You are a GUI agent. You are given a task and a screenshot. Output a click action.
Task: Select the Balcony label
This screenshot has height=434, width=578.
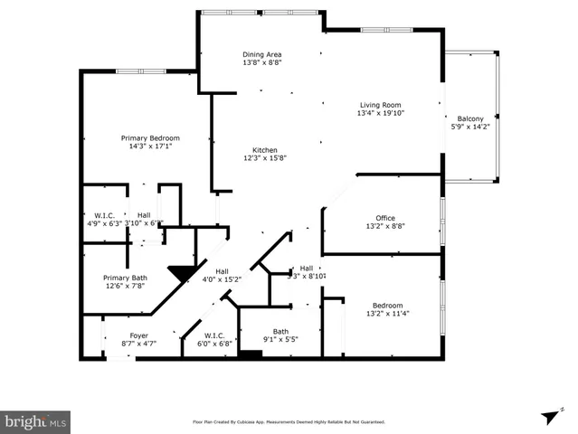pos(470,118)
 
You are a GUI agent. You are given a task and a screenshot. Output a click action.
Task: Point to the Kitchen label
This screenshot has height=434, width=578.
pos(265,149)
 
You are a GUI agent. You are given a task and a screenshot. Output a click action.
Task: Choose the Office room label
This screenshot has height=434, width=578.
pos(385,217)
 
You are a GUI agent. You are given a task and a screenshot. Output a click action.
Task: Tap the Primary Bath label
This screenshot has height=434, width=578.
pos(126,278)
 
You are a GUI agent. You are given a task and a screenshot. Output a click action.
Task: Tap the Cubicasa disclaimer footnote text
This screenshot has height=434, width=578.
pos(289,421)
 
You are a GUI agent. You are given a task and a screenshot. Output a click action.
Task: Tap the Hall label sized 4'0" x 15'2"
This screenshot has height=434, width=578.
pos(222,279)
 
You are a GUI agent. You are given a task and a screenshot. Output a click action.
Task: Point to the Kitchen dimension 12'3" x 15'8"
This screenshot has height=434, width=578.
pos(265,158)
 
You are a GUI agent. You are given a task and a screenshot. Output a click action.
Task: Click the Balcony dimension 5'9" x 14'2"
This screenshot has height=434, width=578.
pos(470,127)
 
